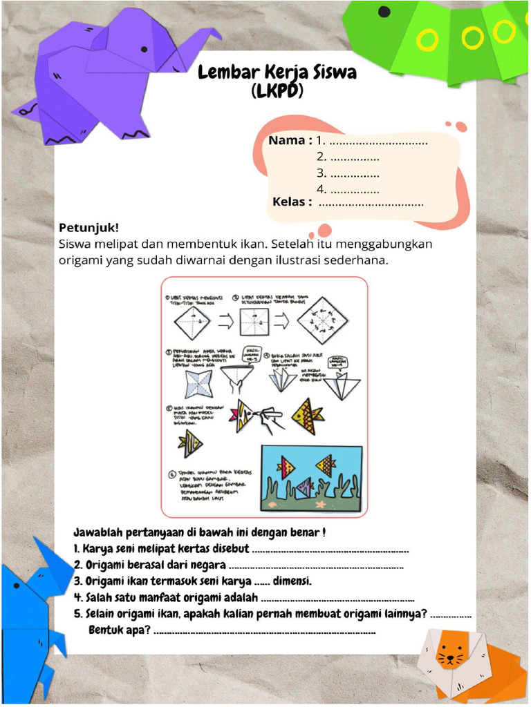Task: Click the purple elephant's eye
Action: tap(144, 49)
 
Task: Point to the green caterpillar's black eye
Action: tap(384, 12)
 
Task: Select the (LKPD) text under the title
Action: tap(277, 92)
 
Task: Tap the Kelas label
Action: tap(292, 202)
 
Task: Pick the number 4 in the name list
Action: tap(321, 189)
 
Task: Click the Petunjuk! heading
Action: tap(88, 227)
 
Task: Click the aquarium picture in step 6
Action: tap(310, 478)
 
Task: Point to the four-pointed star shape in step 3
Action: tap(198, 384)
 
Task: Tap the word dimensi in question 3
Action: tap(292, 581)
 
